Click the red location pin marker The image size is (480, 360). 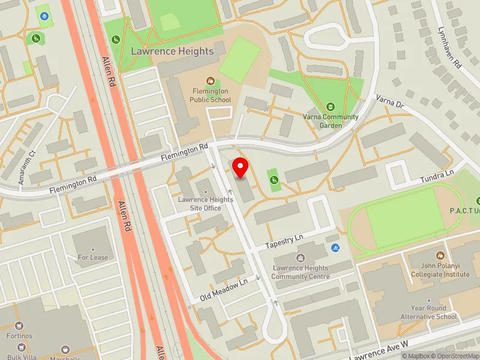click(x=241, y=167)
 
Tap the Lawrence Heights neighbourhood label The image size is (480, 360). click(x=172, y=51)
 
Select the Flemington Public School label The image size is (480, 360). click(x=211, y=95)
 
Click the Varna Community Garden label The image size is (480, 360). click(x=330, y=121)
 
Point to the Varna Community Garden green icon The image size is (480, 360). click(x=329, y=107)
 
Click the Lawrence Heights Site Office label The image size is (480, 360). click(x=205, y=203)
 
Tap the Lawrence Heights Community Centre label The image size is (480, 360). click(x=301, y=272)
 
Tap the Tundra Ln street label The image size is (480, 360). click(x=437, y=173)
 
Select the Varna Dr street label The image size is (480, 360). click(x=391, y=102)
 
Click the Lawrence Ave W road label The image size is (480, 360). click(x=379, y=349)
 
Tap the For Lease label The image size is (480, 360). click(x=93, y=257)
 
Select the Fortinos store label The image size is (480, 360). click(x=19, y=335)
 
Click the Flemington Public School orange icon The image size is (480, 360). click(x=211, y=80)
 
